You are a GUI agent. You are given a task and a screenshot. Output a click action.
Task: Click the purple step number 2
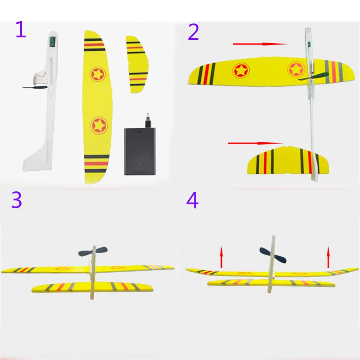click(x=193, y=31)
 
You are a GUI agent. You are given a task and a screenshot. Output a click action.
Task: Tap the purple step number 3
click(x=17, y=200)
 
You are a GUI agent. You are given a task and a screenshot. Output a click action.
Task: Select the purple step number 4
click(x=192, y=201)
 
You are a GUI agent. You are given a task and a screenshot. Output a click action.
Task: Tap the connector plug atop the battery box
click(x=147, y=119)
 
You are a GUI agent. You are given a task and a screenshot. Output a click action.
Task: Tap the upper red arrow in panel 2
click(x=260, y=44)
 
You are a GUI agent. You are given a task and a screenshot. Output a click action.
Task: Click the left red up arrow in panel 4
click(x=221, y=256)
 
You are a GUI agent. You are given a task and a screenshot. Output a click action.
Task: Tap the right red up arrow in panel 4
click(x=328, y=256)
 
